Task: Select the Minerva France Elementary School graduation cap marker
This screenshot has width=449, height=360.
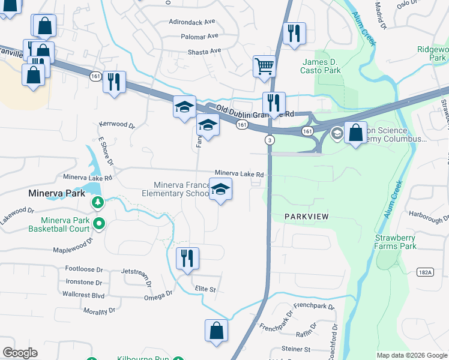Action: [x=221, y=190]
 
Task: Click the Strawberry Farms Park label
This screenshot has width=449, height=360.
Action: [x=396, y=242]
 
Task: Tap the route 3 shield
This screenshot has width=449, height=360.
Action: [x=270, y=140]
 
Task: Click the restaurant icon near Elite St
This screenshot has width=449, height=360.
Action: [x=187, y=258]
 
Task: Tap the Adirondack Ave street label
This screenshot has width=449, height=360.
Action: [x=193, y=21]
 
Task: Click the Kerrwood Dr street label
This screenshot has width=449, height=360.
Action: [x=118, y=127]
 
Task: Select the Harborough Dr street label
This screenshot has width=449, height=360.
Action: [x=427, y=214]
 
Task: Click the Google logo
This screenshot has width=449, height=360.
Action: [x=20, y=353]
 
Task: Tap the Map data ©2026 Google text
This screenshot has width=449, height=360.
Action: [x=411, y=355]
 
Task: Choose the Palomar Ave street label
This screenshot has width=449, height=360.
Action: [x=199, y=36]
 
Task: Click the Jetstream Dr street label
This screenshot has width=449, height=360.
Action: [x=138, y=272]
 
